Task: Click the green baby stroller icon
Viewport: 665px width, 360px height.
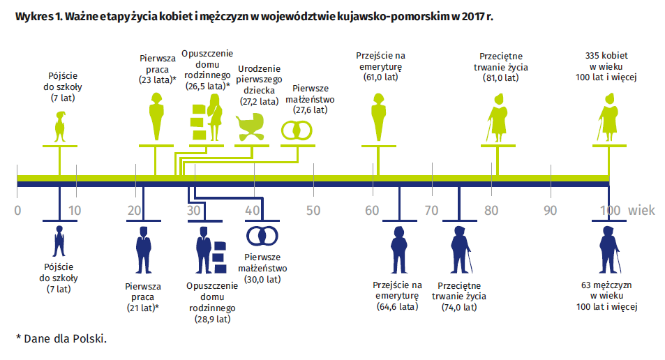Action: tap(250, 126)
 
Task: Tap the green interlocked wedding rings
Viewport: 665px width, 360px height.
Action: tap(297, 130)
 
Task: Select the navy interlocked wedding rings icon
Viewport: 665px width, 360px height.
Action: tap(262, 236)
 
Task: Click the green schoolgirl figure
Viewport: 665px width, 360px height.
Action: tap(60, 126)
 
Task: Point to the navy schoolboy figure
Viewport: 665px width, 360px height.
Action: tap(59, 241)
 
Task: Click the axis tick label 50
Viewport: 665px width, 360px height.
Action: tap(313, 210)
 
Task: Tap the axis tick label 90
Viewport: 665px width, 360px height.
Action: tap(550, 210)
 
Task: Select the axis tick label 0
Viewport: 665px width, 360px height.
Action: tap(17, 210)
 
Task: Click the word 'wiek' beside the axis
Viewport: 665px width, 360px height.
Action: tap(641, 210)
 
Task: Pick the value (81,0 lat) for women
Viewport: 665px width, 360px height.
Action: tap(500, 78)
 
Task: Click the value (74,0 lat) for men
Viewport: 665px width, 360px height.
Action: tap(459, 308)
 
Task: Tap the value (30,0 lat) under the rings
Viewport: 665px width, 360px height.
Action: tap(262, 280)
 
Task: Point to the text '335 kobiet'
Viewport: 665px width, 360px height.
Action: tap(606, 56)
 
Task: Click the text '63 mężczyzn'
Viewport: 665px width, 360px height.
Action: tap(606, 285)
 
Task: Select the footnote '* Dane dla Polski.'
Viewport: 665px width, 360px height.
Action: tap(61, 339)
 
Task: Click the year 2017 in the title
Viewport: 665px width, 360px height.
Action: tap(473, 17)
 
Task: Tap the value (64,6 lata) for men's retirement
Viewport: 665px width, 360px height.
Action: tap(397, 306)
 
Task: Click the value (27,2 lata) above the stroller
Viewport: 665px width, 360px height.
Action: tap(259, 102)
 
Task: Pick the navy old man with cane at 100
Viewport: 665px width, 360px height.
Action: tap(610, 250)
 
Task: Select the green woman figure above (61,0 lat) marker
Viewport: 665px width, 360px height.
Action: tap(379, 117)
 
